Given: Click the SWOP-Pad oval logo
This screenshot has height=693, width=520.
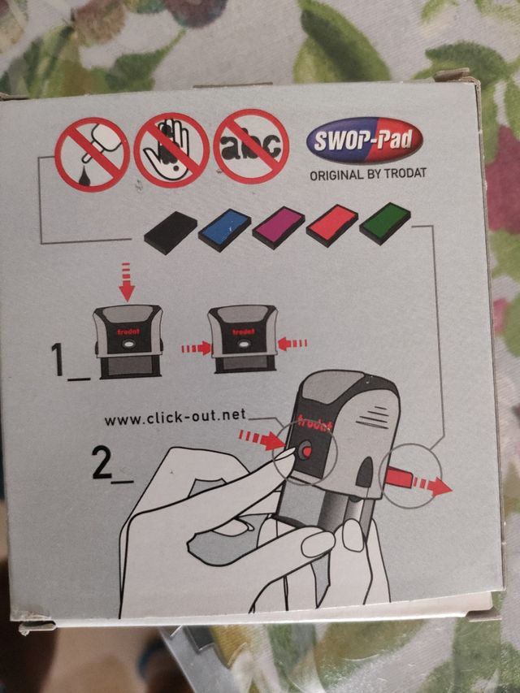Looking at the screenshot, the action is [x=365, y=140].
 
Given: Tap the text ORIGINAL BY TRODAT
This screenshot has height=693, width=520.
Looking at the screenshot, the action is [x=368, y=174].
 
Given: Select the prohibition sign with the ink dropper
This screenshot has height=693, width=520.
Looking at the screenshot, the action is [x=92, y=154].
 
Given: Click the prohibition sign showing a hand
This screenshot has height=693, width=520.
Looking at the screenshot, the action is [x=171, y=149].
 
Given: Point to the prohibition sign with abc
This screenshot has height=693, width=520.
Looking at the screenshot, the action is [x=251, y=146].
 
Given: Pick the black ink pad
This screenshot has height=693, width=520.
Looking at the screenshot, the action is [x=171, y=232].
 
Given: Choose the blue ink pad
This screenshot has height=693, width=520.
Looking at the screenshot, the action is [x=224, y=230].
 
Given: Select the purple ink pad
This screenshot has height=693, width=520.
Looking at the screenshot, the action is [x=279, y=227].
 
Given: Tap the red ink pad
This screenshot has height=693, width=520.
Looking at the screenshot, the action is [x=332, y=225].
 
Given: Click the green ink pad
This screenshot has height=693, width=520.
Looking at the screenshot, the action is [x=384, y=223].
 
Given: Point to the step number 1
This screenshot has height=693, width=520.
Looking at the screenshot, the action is [x=58, y=359].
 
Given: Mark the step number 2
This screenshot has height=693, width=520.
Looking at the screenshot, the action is [x=102, y=461].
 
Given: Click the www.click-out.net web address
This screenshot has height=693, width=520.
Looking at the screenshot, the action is [x=175, y=416].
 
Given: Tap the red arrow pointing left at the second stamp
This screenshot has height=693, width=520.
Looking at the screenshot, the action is [x=292, y=344].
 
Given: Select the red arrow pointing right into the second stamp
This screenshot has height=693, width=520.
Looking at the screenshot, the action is [x=197, y=349].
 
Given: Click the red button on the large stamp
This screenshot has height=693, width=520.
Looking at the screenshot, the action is [x=306, y=452].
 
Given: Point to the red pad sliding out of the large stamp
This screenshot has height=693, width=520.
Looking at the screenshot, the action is [x=399, y=479].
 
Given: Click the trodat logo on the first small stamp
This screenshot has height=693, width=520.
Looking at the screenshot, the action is [x=128, y=331].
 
